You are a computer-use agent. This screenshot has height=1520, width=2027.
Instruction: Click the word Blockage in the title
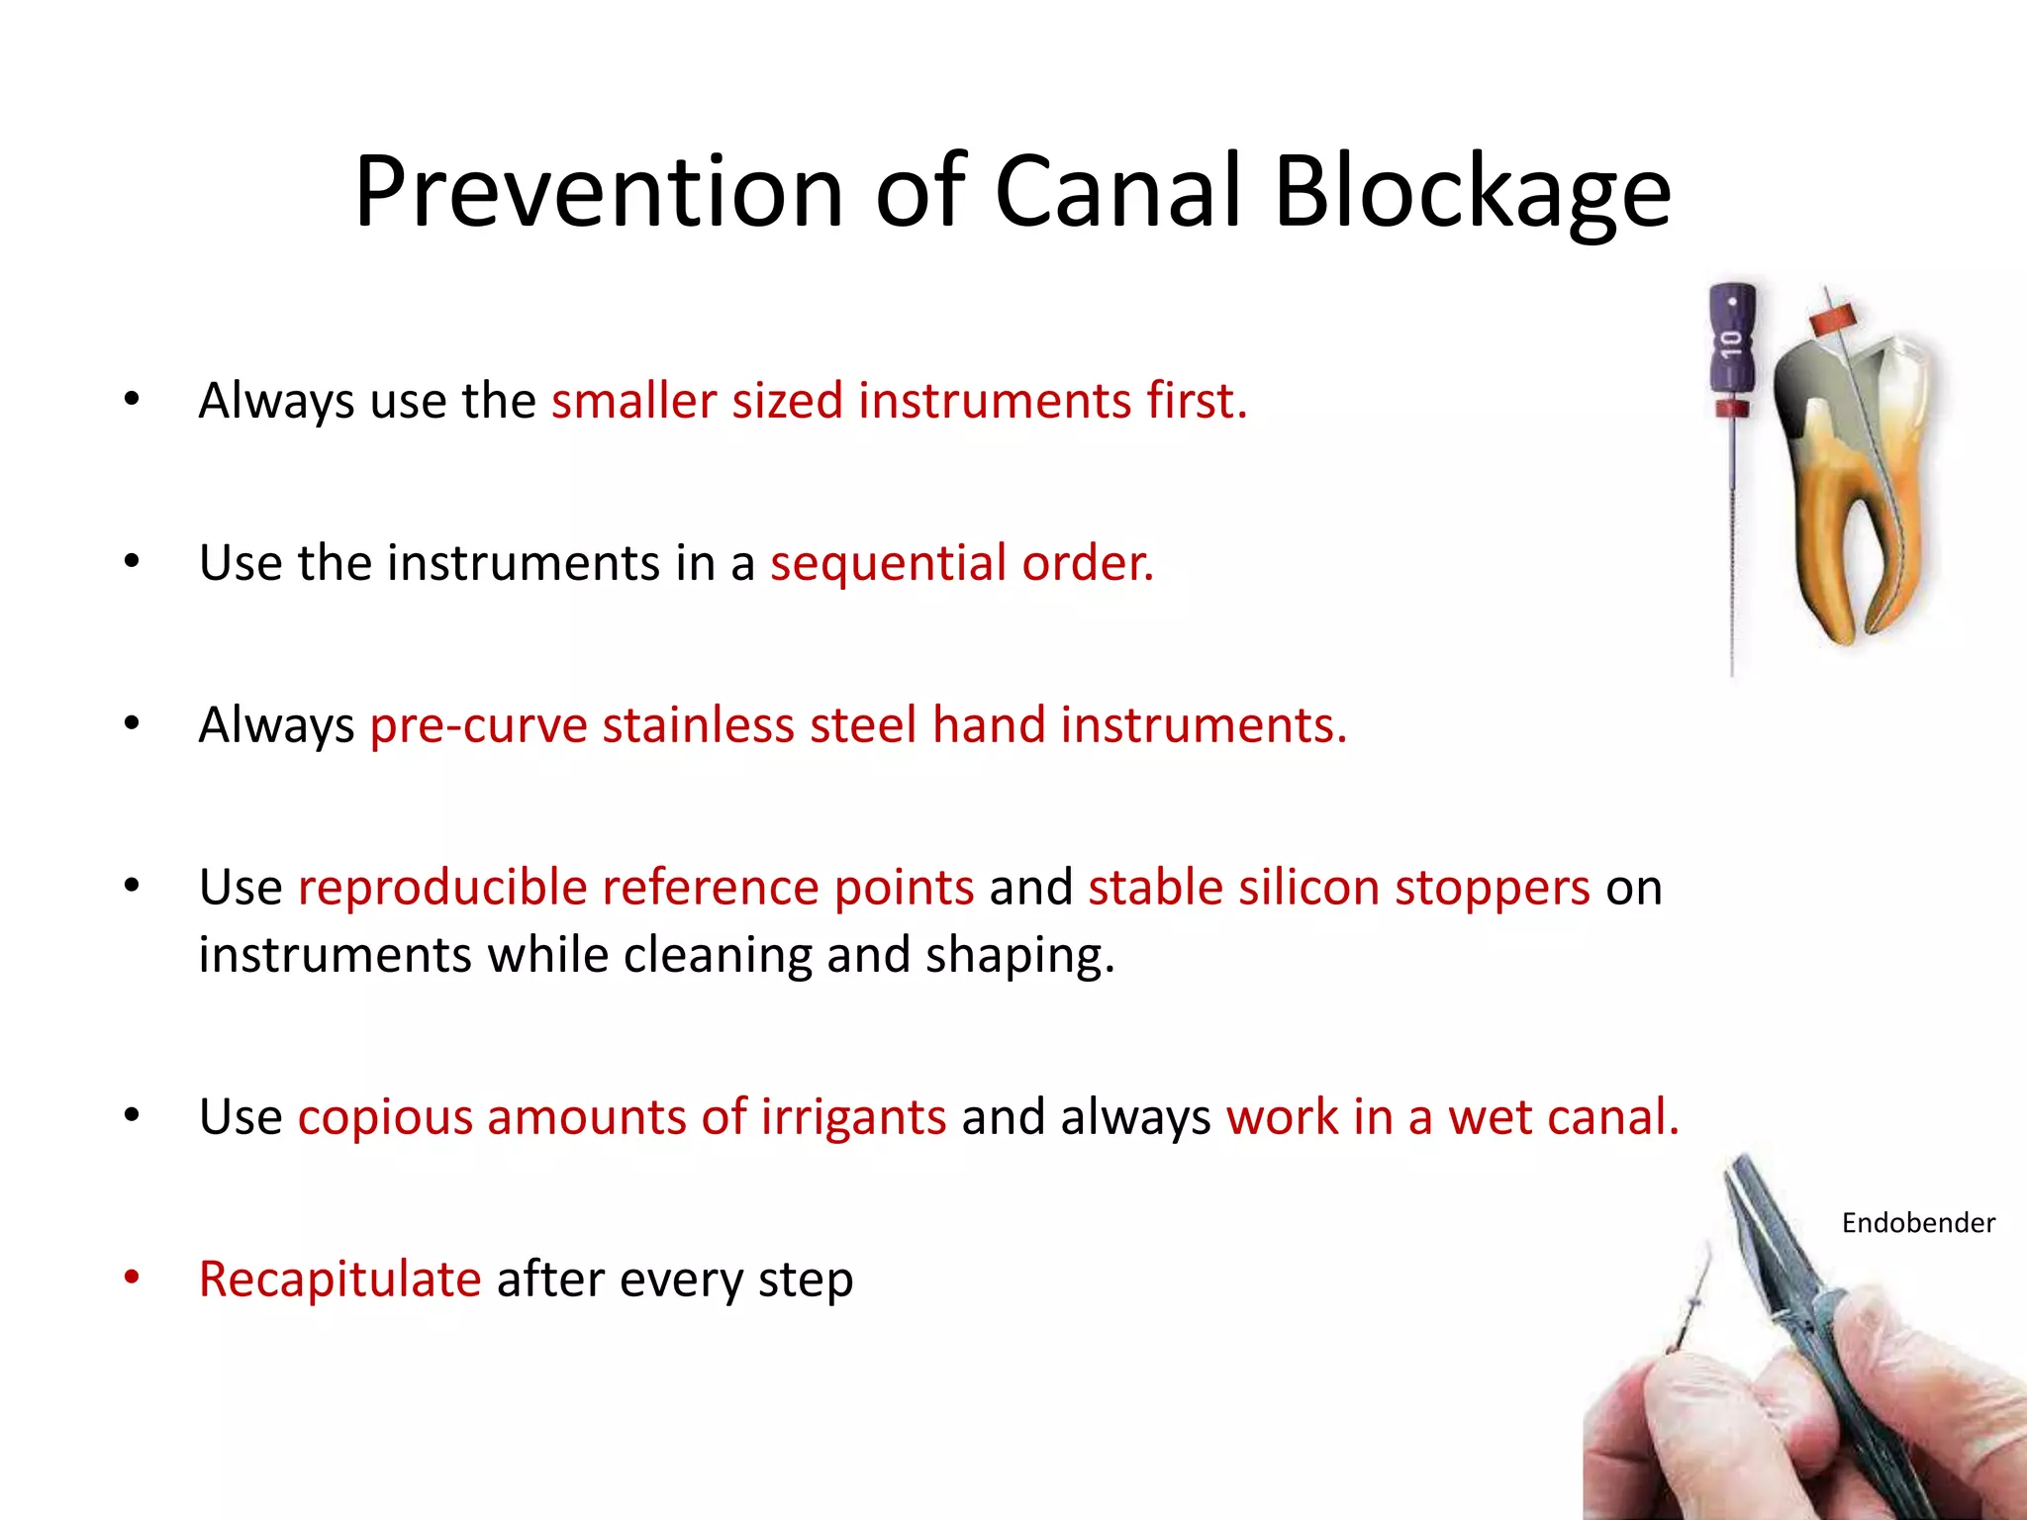click(x=1472, y=192)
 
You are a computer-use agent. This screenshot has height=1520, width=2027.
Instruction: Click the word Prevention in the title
click(x=599, y=192)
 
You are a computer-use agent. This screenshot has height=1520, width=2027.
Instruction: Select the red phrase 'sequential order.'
click(x=962, y=563)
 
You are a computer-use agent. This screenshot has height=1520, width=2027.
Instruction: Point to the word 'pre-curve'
click(x=479, y=725)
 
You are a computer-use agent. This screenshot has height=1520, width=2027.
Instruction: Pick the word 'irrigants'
click(x=853, y=1117)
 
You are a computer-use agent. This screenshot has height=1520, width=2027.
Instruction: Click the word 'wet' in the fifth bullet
click(x=1490, y=1117)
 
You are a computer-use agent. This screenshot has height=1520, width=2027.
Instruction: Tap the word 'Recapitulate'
click(x=339, y=1280)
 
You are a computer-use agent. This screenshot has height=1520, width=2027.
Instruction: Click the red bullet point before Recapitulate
click(x=132, y=1278)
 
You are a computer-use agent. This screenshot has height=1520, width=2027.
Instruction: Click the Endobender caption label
click(x=1917, y=1223)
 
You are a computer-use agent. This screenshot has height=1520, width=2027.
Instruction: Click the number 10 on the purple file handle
click(x=1730, y=343)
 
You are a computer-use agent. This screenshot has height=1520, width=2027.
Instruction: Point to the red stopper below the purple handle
click(x=1732, y=408)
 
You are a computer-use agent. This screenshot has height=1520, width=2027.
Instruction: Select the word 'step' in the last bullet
click(x=805, y=1282)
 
